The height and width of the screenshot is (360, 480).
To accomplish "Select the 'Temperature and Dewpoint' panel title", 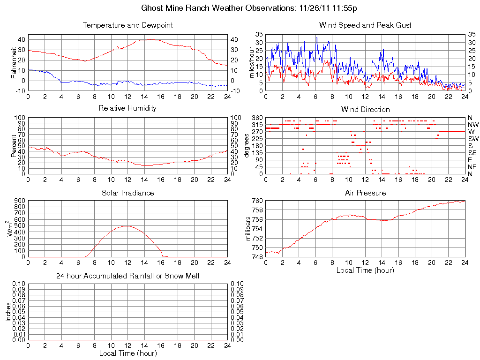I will coord(127,25).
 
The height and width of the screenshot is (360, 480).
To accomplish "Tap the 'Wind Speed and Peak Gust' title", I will coord(365,25).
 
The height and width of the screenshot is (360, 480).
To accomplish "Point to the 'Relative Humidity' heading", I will coord(127,108).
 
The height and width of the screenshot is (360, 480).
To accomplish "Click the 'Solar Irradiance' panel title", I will coord(127,193).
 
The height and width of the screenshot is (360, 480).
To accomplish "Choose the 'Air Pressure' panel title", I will coord(365,193).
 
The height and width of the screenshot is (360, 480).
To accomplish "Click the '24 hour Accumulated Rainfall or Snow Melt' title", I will coord(127,276).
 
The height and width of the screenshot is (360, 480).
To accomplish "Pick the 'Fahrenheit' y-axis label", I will coord(14,62).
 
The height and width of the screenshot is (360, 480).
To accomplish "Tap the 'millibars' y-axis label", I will coord(249,229).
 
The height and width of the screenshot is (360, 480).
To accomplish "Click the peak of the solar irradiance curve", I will coord(127,226).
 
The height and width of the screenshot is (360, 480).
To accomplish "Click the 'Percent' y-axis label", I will coord(14,146).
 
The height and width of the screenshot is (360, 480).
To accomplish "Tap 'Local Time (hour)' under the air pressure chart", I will coord(365,270).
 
